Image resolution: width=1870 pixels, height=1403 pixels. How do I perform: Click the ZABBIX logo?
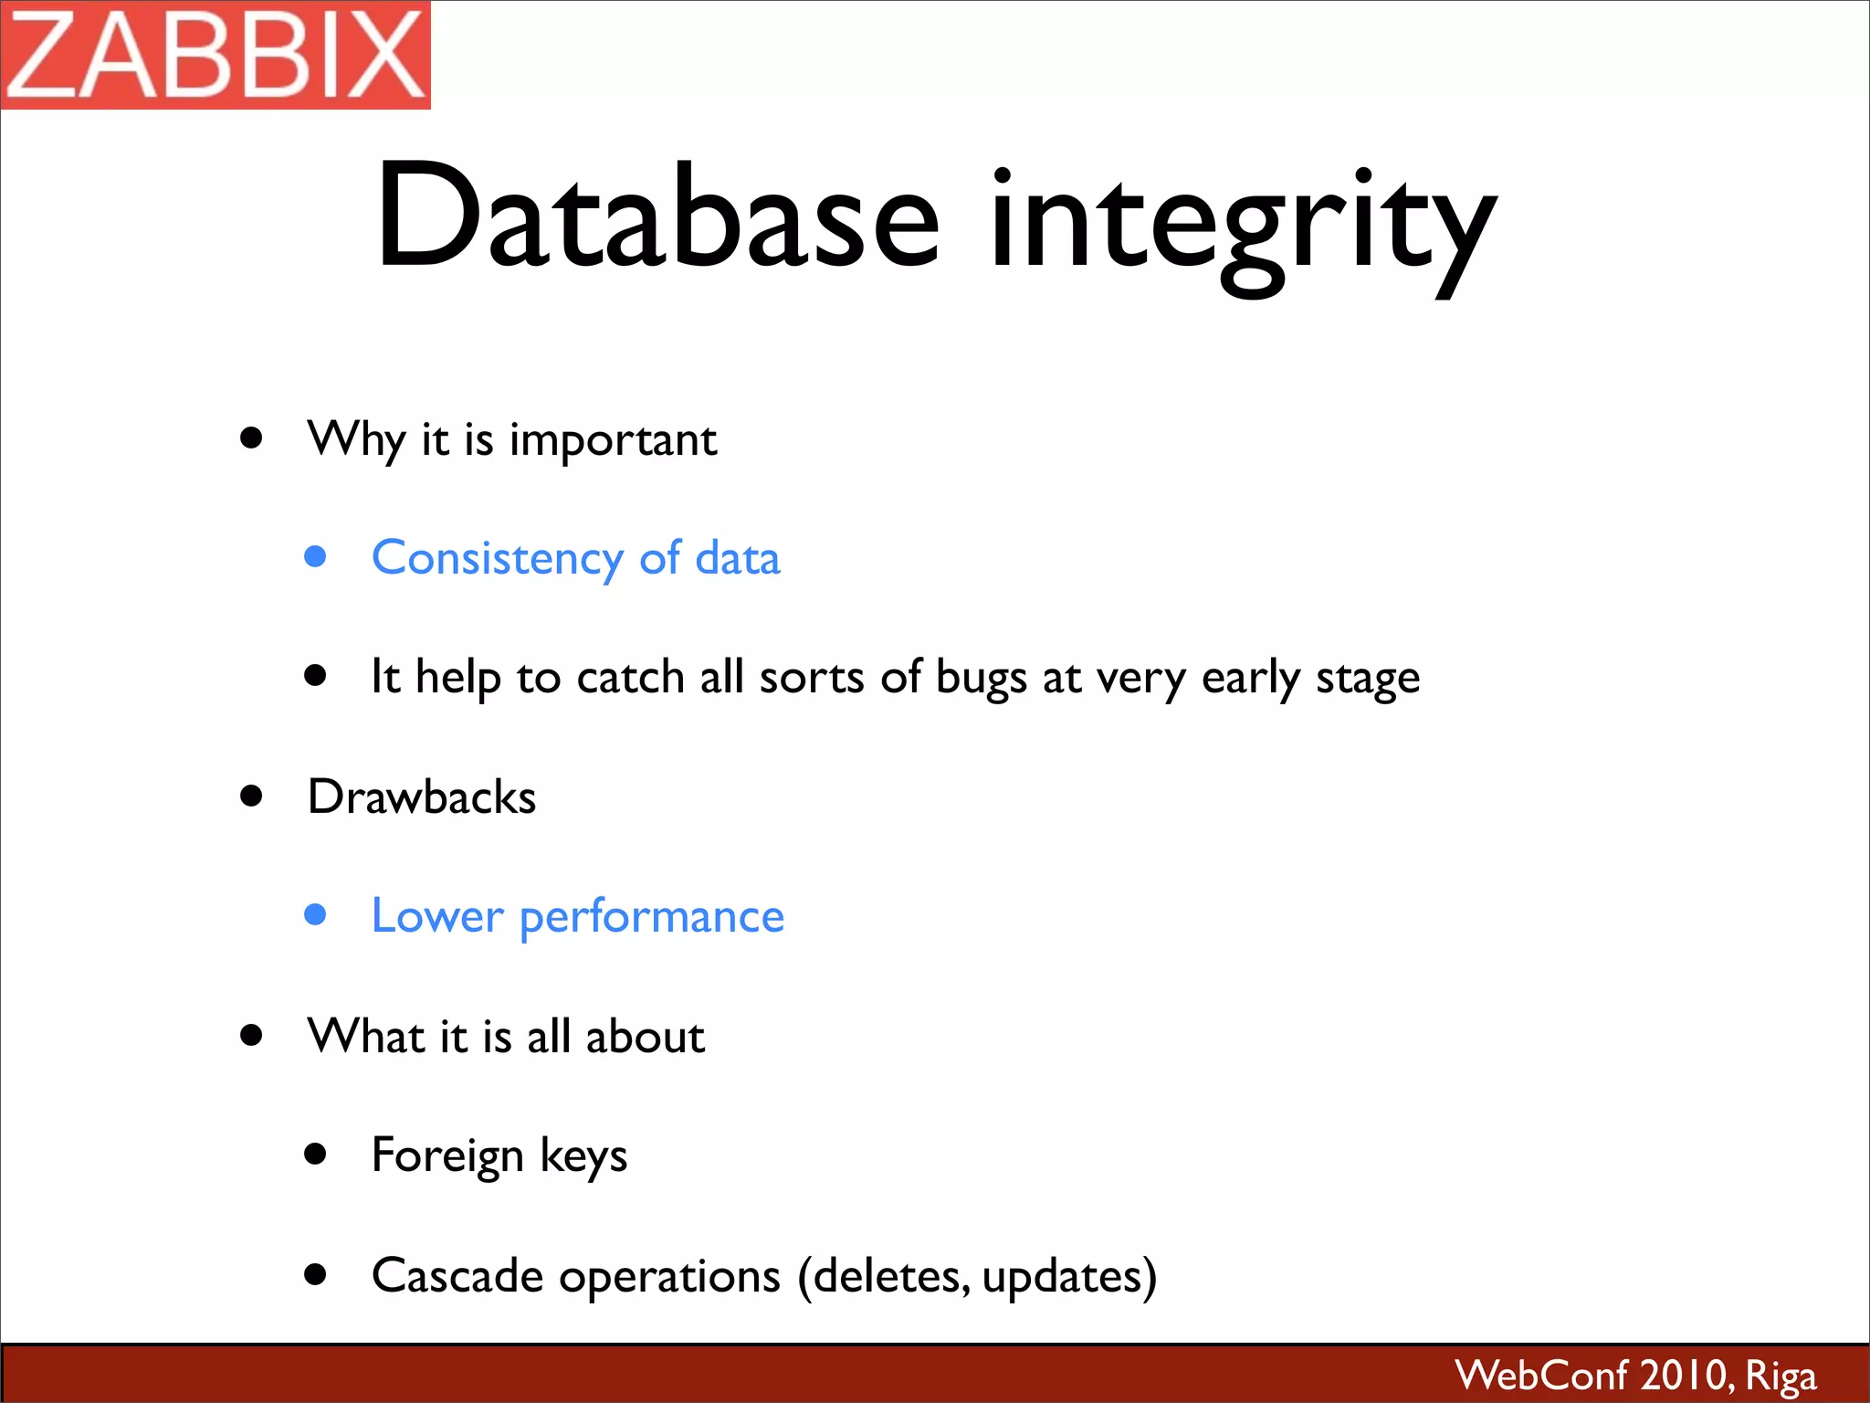215,55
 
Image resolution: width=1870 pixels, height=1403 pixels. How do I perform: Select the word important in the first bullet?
613,441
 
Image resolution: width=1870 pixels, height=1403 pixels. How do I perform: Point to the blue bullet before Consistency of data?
316,556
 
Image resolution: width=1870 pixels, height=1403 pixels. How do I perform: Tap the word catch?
630,678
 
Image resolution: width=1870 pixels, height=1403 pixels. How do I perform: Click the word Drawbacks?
422,796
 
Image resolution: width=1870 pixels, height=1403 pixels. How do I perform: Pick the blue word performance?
651,918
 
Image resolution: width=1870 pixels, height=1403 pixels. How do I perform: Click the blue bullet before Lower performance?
316,914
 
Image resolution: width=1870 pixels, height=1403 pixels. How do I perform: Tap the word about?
645,1037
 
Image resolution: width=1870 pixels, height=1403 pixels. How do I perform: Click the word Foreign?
447,1156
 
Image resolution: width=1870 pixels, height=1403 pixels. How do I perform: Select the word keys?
583,1156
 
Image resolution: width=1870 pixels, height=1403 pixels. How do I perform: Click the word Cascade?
457,1275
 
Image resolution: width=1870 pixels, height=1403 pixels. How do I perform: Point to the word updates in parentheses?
1061,1277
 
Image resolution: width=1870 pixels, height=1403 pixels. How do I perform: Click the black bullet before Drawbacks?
252,796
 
